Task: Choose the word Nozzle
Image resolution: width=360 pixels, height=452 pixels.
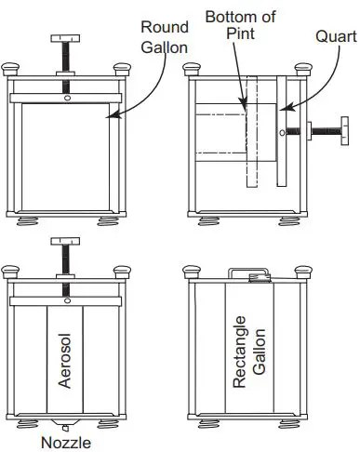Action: pyautogui.click(x=66, y=442)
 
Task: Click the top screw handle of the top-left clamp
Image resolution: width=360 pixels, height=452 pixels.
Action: pyautogui.click(x=66, y=38)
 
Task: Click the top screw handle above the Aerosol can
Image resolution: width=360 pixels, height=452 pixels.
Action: pyautogui.click(x=66, y=242)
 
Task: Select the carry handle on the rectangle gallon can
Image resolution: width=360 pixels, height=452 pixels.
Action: pyautogui.click(x=247, y=273)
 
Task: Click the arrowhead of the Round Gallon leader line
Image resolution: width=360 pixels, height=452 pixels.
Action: pyautogui.click(x=110, y=115)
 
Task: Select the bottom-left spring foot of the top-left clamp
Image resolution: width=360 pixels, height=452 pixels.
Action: pyautogui.click(x=18, y=222)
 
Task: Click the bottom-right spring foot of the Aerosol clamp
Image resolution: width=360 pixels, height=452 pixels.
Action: pyautogui.click(x=119, y=424)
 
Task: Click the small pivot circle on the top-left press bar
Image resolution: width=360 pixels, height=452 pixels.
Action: pyautogui.click(x=66, y=99)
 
